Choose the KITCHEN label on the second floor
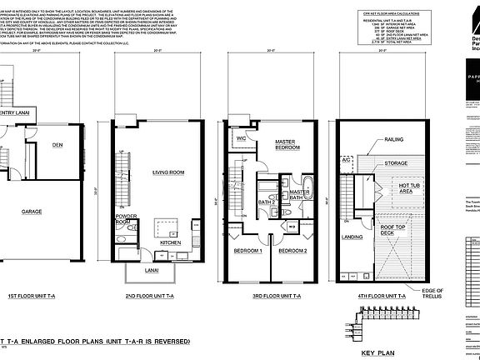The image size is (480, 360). click(x=172, y=242)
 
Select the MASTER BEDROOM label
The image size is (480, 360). click(x=292, y=146)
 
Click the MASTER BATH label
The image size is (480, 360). click(x=299, y=195)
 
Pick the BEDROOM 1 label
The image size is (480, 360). click(x=247, y=250)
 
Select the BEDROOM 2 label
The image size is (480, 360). click(x=292, y=250)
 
